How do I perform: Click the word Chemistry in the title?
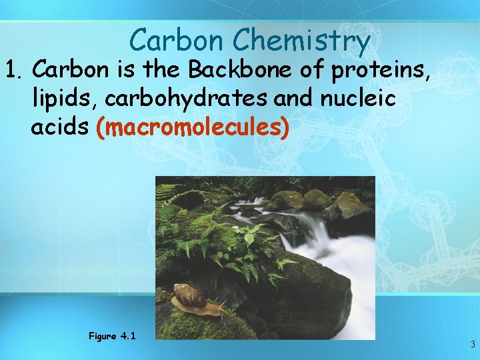pyautogui.click(x=301, y=41)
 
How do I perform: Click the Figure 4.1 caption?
pyautogui.click(x=112, y=336)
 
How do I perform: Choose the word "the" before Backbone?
pyautogui.click(x=155, y=69)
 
